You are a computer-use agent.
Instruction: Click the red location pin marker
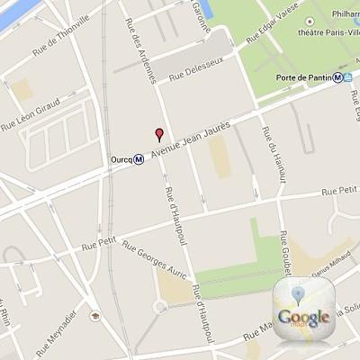(x=160, y=135)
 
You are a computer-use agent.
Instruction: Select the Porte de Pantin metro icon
(x=337, y=76)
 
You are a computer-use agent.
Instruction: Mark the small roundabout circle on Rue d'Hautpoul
(x=160, y=307)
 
